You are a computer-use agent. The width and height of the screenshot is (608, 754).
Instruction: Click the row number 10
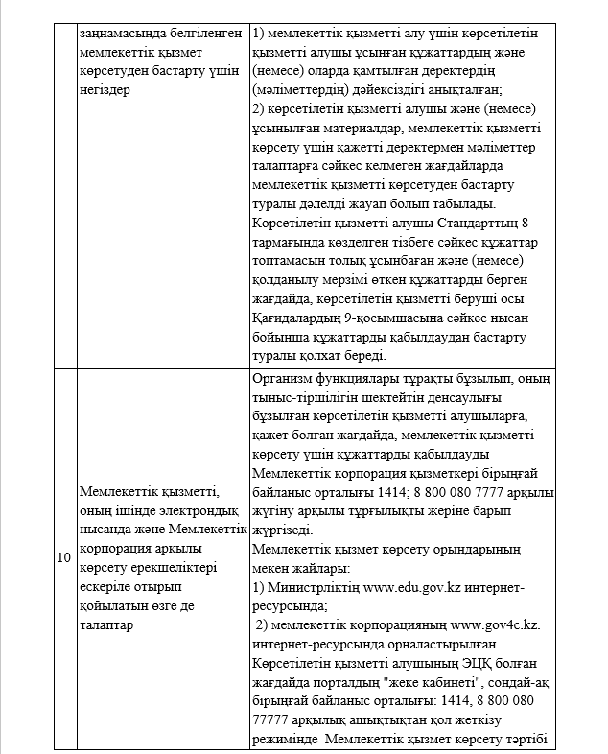click(63, 557)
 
